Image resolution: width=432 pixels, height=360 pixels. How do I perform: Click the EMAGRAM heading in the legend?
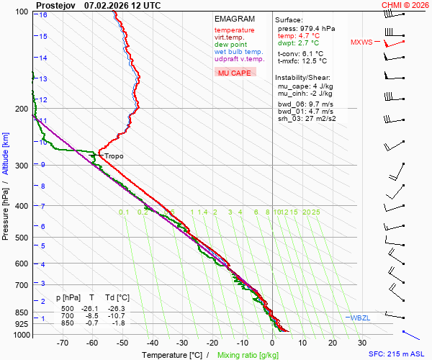[234, 19]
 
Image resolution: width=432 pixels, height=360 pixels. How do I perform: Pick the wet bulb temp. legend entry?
[238, 52]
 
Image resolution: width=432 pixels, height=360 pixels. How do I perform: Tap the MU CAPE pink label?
[234, 73]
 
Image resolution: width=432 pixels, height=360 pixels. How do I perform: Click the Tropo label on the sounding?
[114, 156]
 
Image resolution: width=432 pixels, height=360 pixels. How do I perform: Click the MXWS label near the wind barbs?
[361, 42]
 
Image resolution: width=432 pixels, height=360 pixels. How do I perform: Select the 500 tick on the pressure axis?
[24, 238]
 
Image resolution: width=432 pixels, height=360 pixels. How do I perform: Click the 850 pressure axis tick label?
[24, 313]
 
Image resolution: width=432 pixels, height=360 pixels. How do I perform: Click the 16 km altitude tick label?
[43, 15]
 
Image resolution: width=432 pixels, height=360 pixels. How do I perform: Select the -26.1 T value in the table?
[92, 308]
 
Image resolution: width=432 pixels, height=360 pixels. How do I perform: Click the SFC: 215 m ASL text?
[399, 354]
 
